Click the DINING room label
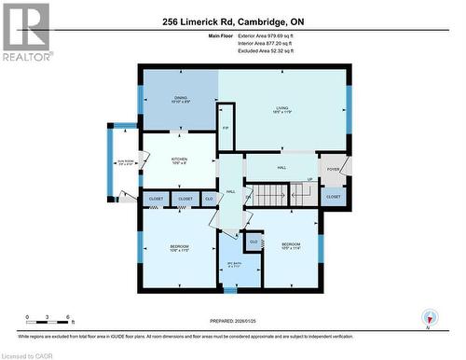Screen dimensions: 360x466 pos(181,99)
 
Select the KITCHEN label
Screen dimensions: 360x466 pos(179,160)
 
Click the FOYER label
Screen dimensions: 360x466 pos(334,169)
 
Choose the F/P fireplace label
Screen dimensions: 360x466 pos(226,128)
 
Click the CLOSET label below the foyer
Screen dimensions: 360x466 pos(334,197)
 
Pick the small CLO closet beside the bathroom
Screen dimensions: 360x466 pos(253,242)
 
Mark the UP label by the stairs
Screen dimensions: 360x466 pos(309,180)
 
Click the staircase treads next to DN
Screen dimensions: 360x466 pos(272,195)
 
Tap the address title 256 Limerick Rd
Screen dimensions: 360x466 pos(233,21)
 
